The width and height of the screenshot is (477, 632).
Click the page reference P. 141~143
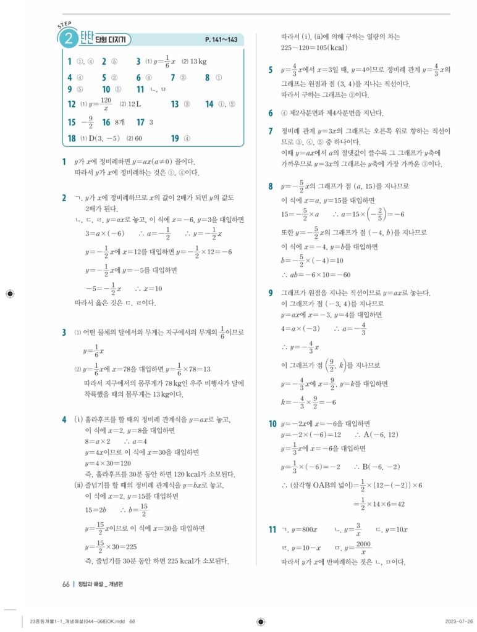(x=221, y=40)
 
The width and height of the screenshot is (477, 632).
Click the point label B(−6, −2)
(x=378, y=467)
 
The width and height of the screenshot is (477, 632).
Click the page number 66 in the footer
(x=65, y=584)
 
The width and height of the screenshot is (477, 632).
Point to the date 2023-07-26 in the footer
(x=459, y=621)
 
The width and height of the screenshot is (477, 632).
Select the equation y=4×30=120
(x=108, y=463)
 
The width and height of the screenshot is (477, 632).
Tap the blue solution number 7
(x=271, y=131)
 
